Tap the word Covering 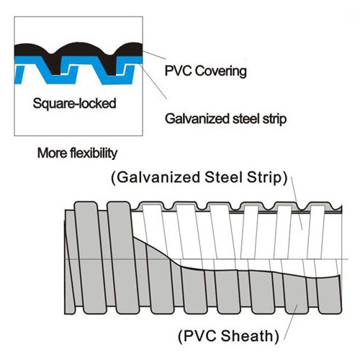[x=220, y=71]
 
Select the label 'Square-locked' [x=74, y=103]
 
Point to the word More [x=53, y=153]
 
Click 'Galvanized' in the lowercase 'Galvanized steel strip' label [x=197, y=119]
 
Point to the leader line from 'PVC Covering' [x=154, y=55]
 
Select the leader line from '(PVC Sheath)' [x=291, y=322]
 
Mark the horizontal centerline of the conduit [x=207, y=259]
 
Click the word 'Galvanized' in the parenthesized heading [x=158, y=177]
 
